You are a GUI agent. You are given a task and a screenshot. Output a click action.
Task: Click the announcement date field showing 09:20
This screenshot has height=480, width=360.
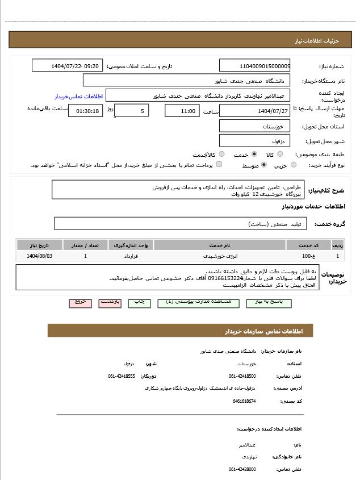point(68,66)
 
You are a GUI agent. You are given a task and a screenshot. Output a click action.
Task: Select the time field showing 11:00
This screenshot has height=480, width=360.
point(182,111)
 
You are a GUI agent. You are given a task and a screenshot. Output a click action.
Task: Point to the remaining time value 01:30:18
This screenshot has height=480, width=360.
point(86,111)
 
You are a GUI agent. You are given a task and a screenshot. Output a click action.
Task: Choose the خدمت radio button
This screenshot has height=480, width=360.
point(254,154)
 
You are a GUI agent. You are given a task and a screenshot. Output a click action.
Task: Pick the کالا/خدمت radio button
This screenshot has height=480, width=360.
point(221,154)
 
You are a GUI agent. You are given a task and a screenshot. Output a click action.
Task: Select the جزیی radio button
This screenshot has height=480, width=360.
point(294,165)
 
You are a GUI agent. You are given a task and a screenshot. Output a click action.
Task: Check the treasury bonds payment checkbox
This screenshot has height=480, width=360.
point(219,165)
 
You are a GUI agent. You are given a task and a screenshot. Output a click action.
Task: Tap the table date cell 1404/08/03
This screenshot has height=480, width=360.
point(39,256)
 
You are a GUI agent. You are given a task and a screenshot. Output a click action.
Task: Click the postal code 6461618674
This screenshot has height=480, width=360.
point(244,401)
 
